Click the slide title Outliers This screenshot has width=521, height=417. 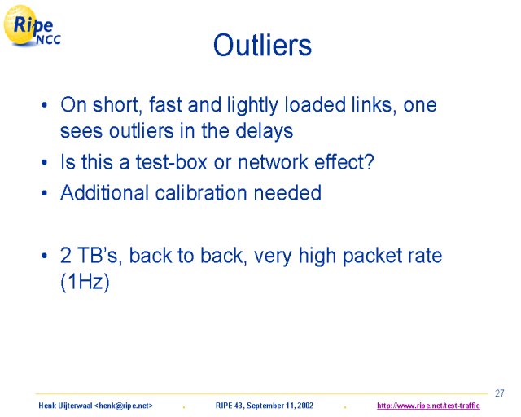tap(262, 45)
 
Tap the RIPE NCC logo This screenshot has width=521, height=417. tap(32, 25)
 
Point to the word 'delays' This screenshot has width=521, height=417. tap(264, 131)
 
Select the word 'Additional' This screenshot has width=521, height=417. tap(104, 192)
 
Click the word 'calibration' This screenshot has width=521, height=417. tap(201, 192)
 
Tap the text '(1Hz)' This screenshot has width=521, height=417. tap(85, 282)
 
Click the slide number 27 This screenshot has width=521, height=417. tap(499, 393)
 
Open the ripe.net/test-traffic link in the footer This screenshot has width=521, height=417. tap(428, 406)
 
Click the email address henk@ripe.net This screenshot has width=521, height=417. tap(124, 406)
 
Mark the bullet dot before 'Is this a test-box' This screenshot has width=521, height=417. tap(45, 163)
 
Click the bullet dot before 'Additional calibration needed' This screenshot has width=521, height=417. tap(45, 193)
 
